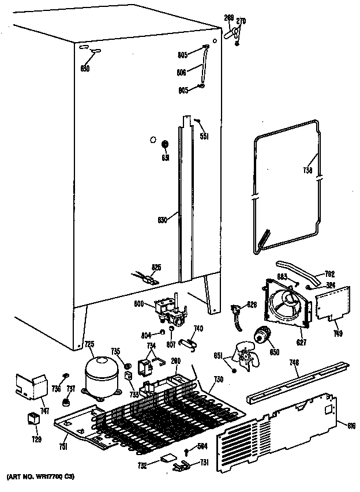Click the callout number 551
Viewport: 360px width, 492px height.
click(204, 137)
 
